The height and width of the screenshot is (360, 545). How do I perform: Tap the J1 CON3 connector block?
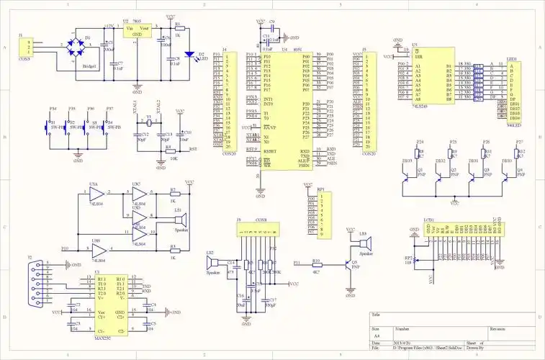tap(27, 47)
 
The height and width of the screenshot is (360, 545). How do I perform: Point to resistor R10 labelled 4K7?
tap(315, 264)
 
